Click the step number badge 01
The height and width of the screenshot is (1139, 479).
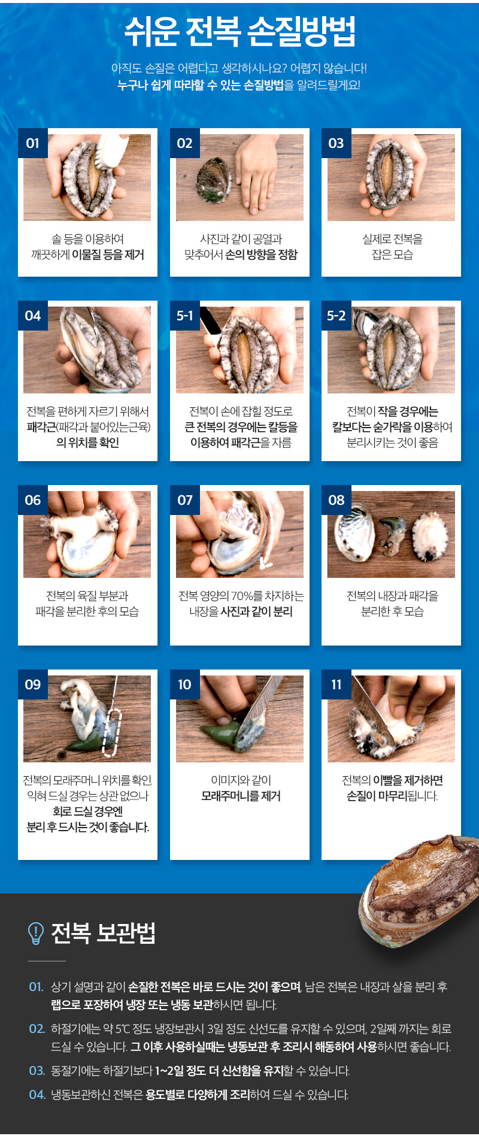coord(32,143)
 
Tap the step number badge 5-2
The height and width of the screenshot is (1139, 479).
coord(336,316)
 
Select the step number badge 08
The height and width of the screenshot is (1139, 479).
coord(336,500)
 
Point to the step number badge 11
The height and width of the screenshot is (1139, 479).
coord(336,684)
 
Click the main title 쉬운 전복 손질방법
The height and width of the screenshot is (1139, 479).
coord(239,31)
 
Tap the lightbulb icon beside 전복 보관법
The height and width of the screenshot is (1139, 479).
coord(36,933)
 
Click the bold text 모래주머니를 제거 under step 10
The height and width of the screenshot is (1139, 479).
coord(241,796)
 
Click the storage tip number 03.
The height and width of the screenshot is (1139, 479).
coord(37,1071)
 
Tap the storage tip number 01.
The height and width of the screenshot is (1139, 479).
coord(36,987)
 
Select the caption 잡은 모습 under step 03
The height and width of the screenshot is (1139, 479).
coord(392,255)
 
